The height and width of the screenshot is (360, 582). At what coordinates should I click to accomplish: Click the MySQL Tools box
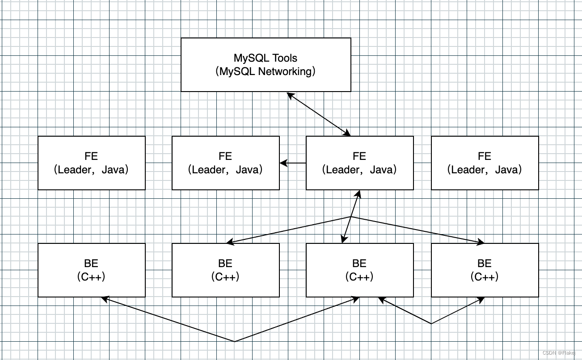[266, 65]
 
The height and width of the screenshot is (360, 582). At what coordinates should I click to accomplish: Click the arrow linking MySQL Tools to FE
[319, 114]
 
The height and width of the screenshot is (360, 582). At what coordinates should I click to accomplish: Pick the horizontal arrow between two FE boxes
[293, 163]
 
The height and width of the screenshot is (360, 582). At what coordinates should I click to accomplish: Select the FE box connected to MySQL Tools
[359, 163]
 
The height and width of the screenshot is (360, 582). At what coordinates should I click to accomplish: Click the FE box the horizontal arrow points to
[226, 163]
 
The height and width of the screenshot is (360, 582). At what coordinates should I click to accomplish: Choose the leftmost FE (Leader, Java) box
[92, 163]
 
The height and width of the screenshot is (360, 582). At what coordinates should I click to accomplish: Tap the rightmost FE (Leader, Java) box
[485, 163]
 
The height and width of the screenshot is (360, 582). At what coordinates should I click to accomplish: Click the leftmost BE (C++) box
[92, 270]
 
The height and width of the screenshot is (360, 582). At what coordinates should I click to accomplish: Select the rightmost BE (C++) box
[485, 270]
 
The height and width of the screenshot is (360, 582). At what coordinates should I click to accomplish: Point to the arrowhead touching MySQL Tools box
[290, 95]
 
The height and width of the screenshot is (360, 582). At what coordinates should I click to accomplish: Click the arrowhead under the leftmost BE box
[105, 299]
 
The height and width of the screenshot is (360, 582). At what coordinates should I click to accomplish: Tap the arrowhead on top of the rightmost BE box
[481, 242]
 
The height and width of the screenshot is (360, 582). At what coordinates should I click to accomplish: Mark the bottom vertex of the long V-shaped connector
[234, 342]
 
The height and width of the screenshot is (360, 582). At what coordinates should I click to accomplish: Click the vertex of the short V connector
[431, 324]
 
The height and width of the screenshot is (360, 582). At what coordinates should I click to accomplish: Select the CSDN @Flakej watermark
[559, 353]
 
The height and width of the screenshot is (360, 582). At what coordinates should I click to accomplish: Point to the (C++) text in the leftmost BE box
[91, 277]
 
